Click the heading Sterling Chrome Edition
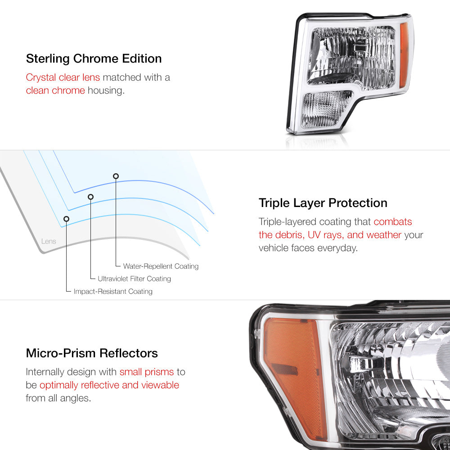(x=94, y=59)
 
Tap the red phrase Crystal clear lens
(x=63, y=77)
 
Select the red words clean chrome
(x=55, y=90)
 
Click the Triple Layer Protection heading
(x=323, y=203)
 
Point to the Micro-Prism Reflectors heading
(x=92, y=353)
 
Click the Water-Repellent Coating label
(x=161, y=266)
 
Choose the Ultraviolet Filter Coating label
(x=134, y=279)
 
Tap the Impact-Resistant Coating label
(x=113, y=291)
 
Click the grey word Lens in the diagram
(x=49, y=241)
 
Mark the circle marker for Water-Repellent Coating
(x=116, y=176)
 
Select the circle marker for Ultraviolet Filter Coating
(x=91, y=197)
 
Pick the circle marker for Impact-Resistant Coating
(x=66, y=219)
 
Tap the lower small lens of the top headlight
(x=327, y=109)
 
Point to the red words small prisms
(x=147, y=372)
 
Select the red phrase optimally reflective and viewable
(x=109, y=385)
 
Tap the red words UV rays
(x=326, y=235)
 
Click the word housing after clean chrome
(x=106, y=91)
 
